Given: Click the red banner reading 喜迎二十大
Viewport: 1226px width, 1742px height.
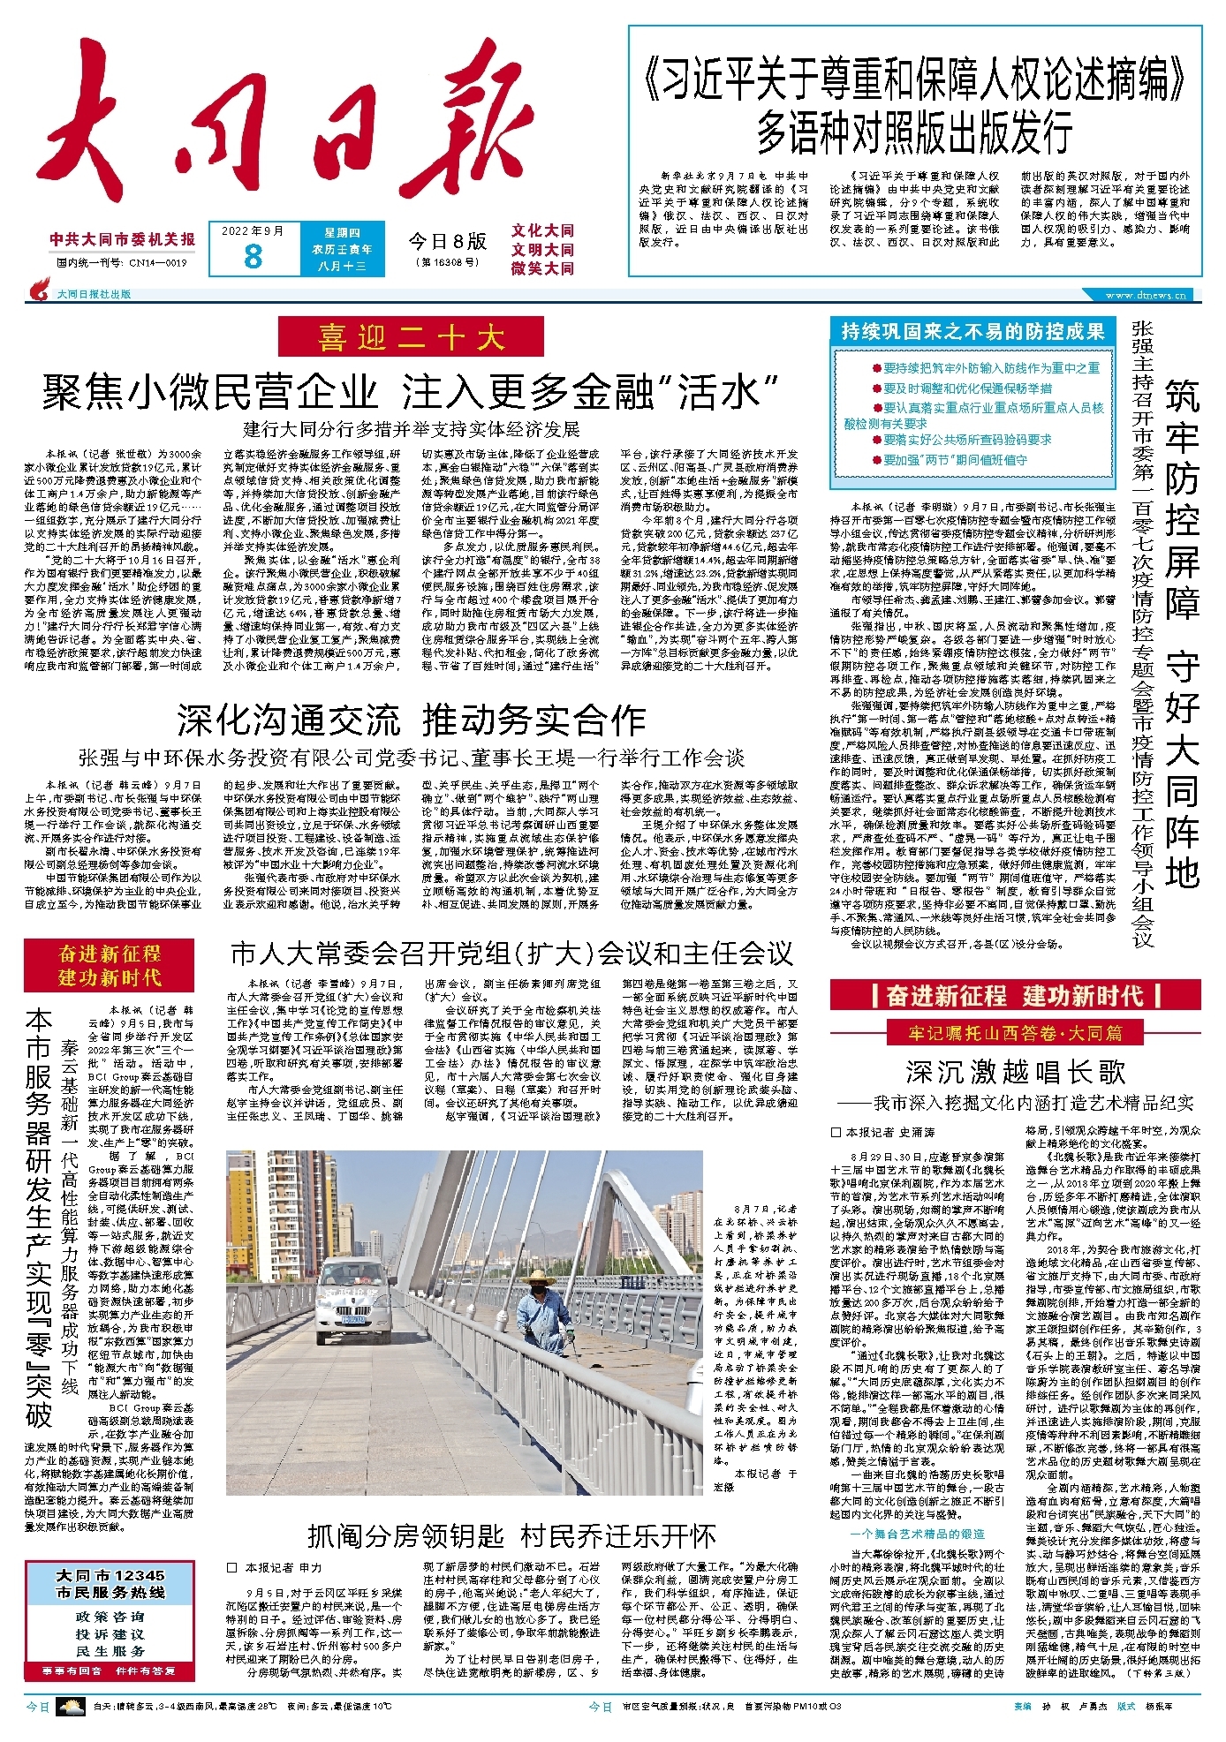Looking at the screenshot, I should tap(411, 337).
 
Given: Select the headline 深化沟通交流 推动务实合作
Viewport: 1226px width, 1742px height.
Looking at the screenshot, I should tap(411, 720).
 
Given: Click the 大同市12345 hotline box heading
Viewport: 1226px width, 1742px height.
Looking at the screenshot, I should tap(110, 1584).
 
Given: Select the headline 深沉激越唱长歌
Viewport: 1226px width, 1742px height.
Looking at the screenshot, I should tap(1016, 1072).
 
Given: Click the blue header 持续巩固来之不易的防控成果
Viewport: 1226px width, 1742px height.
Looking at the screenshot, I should tap(972, 331).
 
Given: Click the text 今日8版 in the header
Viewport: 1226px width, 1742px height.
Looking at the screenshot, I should tap(447, 241).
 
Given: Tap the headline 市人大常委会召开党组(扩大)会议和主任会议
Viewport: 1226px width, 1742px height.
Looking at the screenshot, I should tap(511, 954).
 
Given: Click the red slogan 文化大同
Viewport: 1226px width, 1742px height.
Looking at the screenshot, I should tap(542, 231).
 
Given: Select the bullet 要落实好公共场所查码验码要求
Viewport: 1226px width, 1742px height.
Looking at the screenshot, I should tap(967, 439).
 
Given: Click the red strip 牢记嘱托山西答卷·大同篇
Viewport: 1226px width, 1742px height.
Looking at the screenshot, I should tap(1015, 1032).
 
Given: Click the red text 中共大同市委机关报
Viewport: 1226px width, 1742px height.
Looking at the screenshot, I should tap(123, 239).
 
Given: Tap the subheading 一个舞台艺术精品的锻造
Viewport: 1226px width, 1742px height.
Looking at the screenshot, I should tap(917, 1534).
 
